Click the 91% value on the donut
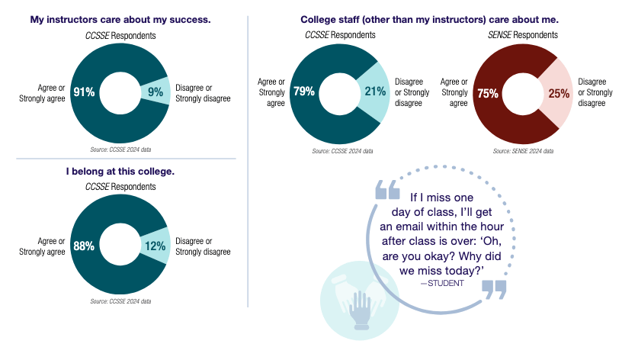[x=84, y=92]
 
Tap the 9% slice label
[x=155, y=92]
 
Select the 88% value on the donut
[x=84, y=246]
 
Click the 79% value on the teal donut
[x=304, y=92]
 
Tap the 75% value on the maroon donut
[x=488, y=93]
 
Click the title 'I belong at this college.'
[x=120, y=172]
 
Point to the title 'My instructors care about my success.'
[x=121, y=19]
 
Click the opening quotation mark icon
[x=387, y=191]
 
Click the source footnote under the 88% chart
[x=120, y=301]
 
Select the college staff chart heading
[x=429, y=19]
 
